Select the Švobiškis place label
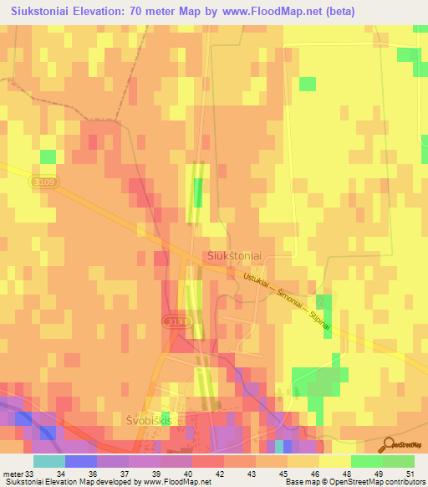(x=148, y=419)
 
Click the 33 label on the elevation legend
(x=30, y=474)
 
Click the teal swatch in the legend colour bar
(x=49, y=461)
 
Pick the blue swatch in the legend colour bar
(x=81, y=461)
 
